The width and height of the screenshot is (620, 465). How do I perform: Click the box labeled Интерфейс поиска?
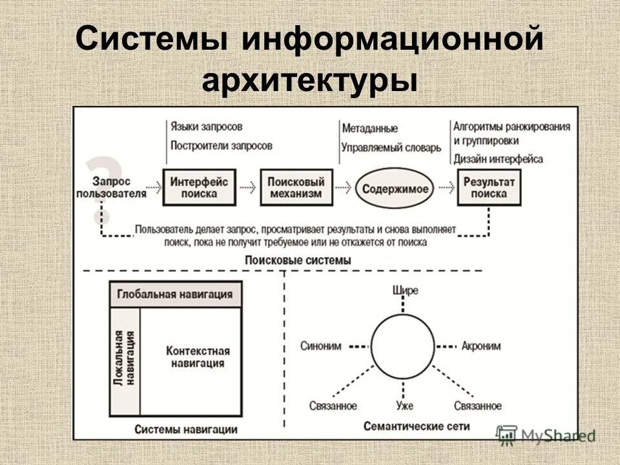point(200,187)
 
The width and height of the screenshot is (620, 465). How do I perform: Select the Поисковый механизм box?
point(292,187)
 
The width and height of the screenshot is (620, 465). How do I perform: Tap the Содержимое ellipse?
point(395,189)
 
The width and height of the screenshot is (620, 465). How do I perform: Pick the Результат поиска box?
point(489,187)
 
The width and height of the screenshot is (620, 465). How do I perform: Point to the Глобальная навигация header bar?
point(174,294)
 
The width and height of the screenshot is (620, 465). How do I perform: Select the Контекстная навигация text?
point(198,356)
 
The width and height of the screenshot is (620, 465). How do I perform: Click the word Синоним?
point(321,346)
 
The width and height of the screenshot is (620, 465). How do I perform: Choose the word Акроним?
point(480,346)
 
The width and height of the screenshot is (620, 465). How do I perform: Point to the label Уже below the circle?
point(405,406)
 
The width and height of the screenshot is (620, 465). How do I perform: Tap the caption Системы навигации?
point(186,429)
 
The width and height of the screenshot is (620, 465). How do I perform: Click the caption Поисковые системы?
point(298,260)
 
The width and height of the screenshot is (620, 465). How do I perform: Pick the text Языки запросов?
point(207,127)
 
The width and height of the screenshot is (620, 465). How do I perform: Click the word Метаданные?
point(370,129)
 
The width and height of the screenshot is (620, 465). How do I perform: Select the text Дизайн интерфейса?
point(498,159)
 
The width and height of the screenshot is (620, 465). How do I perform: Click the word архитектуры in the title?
point(309,82)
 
